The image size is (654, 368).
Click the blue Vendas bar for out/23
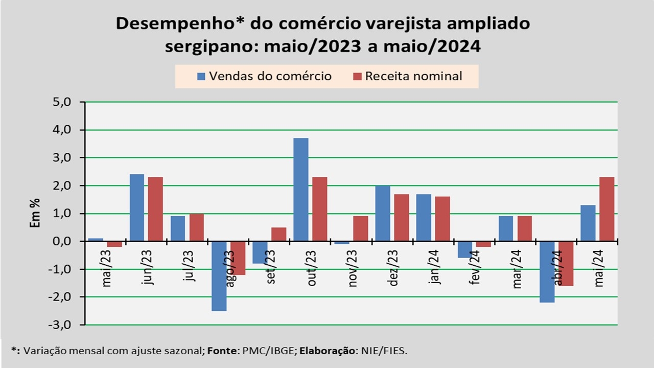click(301, 190)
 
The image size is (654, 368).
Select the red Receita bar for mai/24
click(606, 209)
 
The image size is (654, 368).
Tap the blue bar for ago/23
click(219, 276)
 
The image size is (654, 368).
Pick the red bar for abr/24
click(566, 263)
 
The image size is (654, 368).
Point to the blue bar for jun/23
click(137, 208)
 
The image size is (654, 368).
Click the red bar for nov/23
click(361, 228)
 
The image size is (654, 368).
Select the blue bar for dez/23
click(383, 213)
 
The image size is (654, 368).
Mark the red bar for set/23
click(279, 234)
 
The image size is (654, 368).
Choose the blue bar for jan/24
click(424, 218)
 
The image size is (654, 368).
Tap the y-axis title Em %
click(35, 213)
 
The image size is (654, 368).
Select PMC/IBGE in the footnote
click(276, 351)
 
